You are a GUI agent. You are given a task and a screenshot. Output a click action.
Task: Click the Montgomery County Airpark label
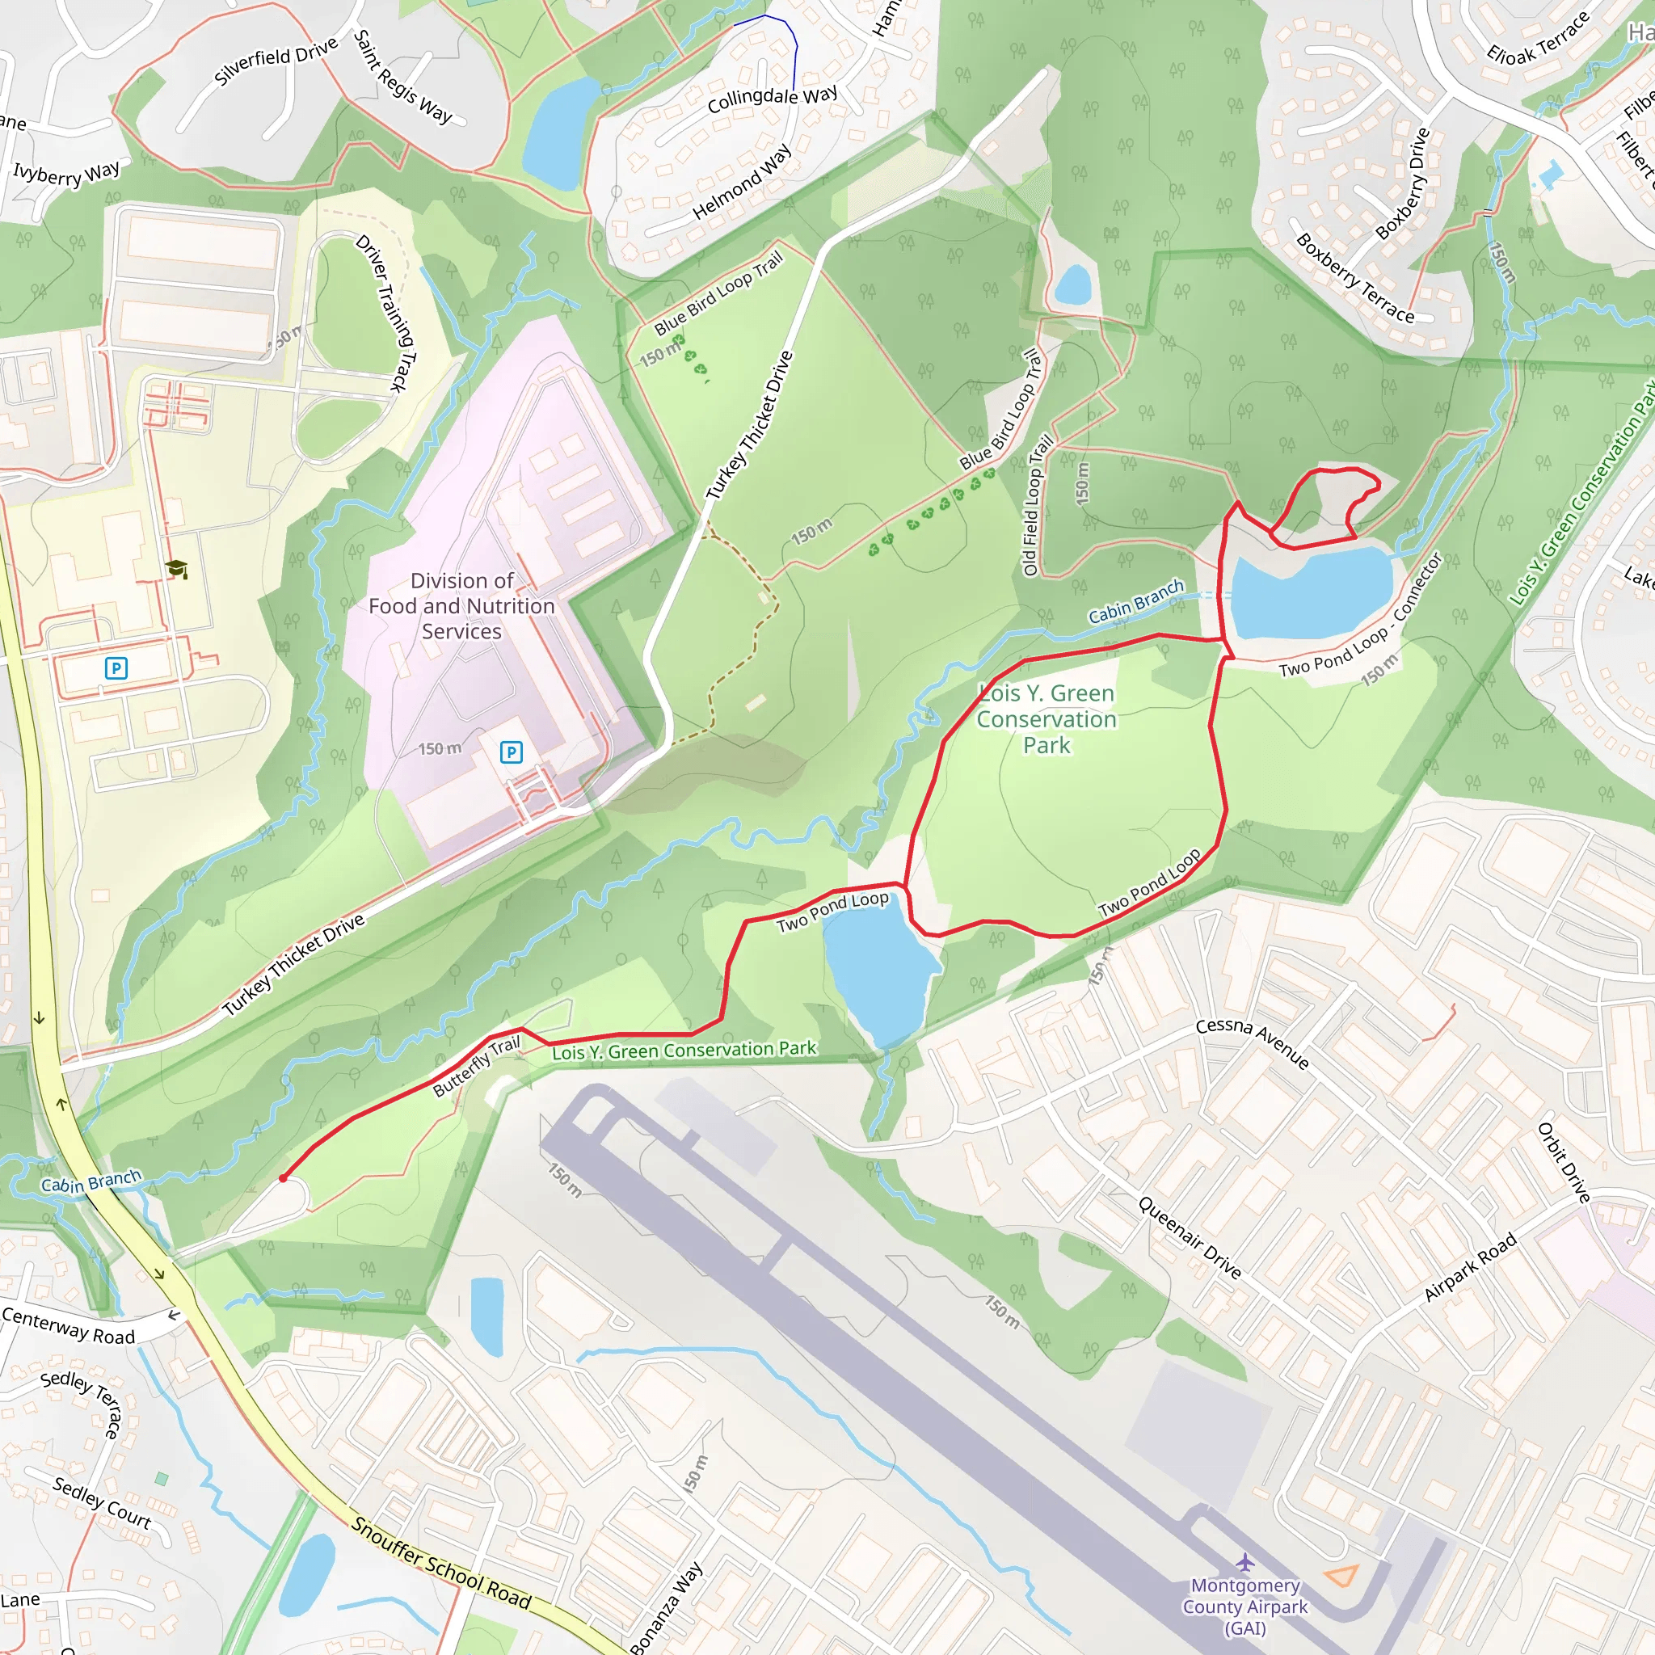point(1244,1607)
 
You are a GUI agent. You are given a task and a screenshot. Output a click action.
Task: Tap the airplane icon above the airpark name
point(1244,1563)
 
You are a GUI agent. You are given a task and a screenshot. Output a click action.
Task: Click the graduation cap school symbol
point(176,569)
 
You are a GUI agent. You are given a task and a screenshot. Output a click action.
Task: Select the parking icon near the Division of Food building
point(511,752)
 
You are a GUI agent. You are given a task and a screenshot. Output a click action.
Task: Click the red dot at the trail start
point(283,1179)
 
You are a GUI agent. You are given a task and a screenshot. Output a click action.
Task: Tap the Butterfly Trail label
point(476,1067)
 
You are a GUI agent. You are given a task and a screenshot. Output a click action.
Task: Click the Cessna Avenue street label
point(1253,1044)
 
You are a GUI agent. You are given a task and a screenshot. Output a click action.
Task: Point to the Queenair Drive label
point(1189,1238)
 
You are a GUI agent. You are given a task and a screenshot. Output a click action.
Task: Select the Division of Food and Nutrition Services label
point(461,605)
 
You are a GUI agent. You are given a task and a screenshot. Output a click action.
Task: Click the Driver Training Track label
point(386,313)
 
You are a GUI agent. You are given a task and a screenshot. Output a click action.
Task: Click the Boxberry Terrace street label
point(1354,279)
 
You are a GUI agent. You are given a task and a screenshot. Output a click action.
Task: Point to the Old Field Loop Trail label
point(1038,505)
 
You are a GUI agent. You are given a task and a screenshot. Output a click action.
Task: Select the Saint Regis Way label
point(402,76)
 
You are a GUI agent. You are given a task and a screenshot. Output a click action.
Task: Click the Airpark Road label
point(1469,1269)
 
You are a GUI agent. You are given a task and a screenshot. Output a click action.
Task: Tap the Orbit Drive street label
point(1564,1162)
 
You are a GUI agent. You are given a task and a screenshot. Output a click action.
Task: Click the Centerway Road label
point(69,1327)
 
